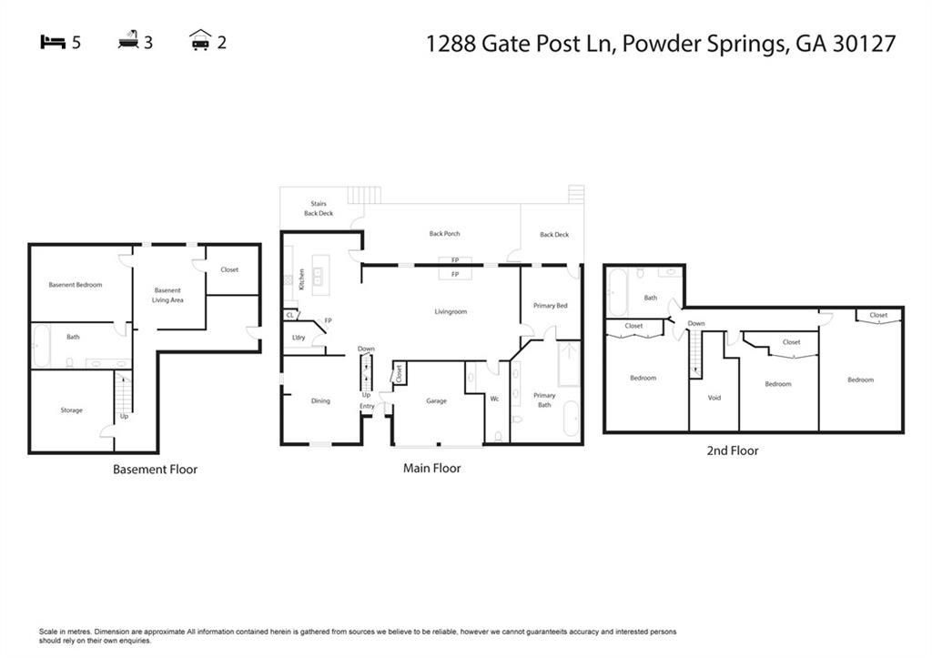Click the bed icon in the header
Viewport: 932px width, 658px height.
(53, 42)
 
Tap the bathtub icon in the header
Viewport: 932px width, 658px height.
(128, 41)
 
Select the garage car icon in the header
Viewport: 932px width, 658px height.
(200, 41)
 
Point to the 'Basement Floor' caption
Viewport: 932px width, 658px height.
(155, 470)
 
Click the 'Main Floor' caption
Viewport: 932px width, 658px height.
(431, 469)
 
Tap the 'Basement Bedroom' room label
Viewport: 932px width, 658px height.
(76, 285)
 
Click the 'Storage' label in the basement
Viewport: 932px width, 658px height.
(72, 410)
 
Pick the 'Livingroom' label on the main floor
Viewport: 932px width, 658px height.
(451, 312)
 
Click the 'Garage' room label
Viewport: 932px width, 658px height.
(436, 400)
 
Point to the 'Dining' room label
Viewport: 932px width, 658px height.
(320, 400)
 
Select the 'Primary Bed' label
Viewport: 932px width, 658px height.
(550, 306)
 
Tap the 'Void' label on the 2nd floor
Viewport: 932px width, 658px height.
(714, 398)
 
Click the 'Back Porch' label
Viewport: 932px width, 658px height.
(444, 234)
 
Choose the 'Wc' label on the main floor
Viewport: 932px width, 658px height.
(495, 399)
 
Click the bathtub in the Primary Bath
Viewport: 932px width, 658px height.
(571, 419)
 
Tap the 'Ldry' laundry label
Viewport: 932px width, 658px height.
(299, 338)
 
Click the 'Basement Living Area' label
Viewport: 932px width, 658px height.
(167, 295)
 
